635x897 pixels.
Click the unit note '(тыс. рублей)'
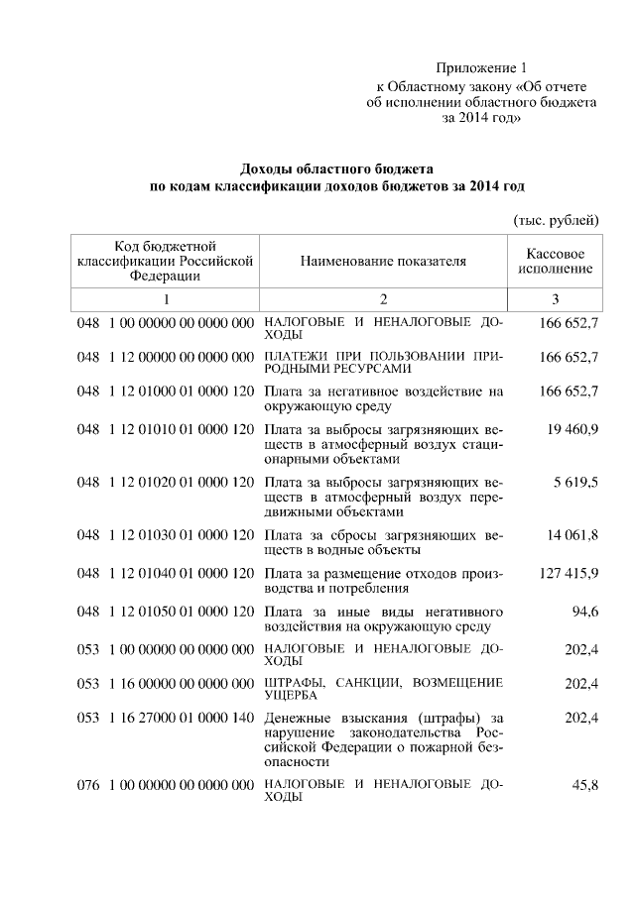556,218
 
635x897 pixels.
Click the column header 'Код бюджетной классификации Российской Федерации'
165,261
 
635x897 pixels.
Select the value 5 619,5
576,483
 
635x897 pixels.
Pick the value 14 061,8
572,536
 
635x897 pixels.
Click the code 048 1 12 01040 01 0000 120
165,574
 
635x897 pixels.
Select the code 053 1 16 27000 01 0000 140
165,718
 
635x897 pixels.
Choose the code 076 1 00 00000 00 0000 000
165,786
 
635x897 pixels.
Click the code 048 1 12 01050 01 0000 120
165,612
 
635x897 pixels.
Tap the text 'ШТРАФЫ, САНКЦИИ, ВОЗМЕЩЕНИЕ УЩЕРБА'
382,689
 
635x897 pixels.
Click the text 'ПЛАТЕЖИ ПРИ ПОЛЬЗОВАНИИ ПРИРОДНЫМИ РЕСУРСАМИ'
382,362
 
